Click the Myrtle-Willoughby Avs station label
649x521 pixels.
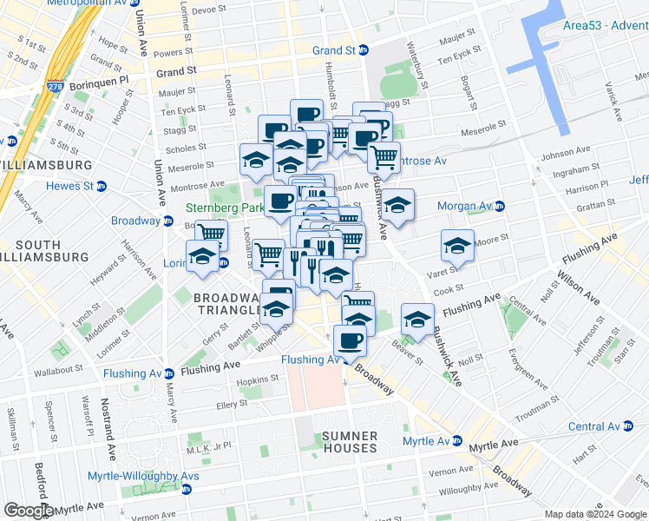coord(146,476)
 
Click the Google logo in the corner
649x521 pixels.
coord(29,511)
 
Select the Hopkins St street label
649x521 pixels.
coord(258,379)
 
